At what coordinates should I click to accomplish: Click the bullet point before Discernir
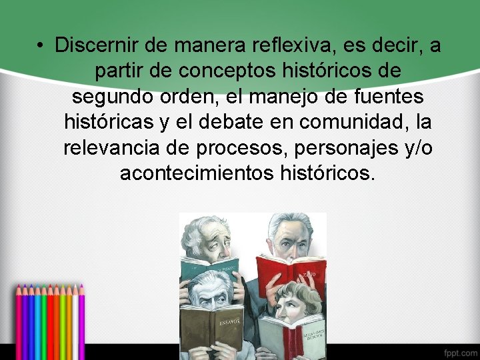click(41, 46)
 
